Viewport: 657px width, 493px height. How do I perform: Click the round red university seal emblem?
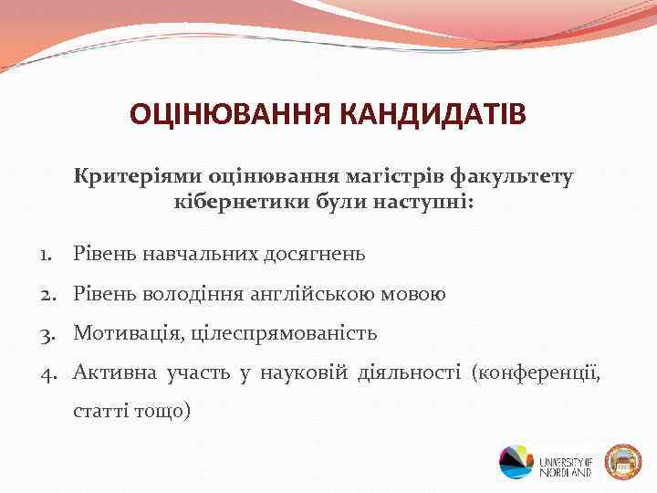click(x=623, y=461)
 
